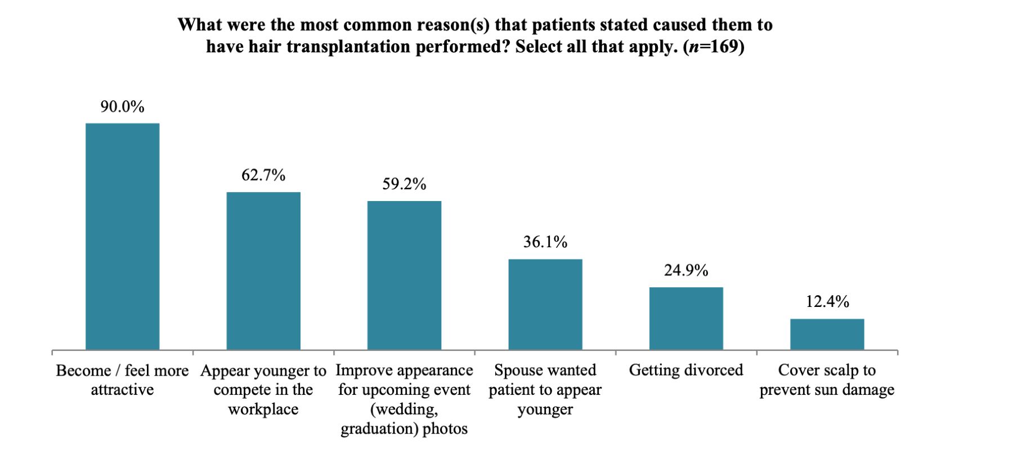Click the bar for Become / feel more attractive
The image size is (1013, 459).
point(122,237)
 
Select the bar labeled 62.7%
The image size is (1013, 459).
point(263,271)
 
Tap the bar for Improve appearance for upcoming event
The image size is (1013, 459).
point(404,275)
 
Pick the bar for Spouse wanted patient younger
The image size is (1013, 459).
point(545,305)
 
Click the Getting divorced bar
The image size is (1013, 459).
point(686,319)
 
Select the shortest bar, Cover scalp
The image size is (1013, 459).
point(827,335)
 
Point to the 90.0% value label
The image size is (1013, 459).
point(122,106)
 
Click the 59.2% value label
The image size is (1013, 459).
point(404,184)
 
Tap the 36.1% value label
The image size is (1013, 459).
point(545,242)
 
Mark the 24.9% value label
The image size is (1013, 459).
point(686,271)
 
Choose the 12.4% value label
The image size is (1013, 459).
point(827,302)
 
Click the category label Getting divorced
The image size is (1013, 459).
point(686,371)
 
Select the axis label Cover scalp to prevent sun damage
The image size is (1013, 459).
point(827,380)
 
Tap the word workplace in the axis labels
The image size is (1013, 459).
point(263,409)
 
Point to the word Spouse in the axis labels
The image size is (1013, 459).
point(513,371)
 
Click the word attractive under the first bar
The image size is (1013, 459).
point(122,390)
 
